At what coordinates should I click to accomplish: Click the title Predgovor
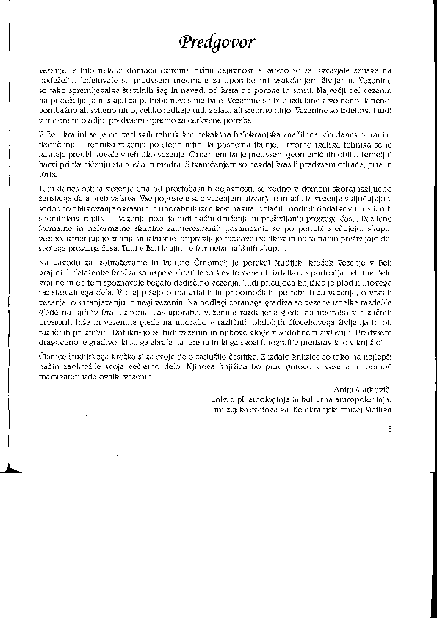click(x=219, y=41)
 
